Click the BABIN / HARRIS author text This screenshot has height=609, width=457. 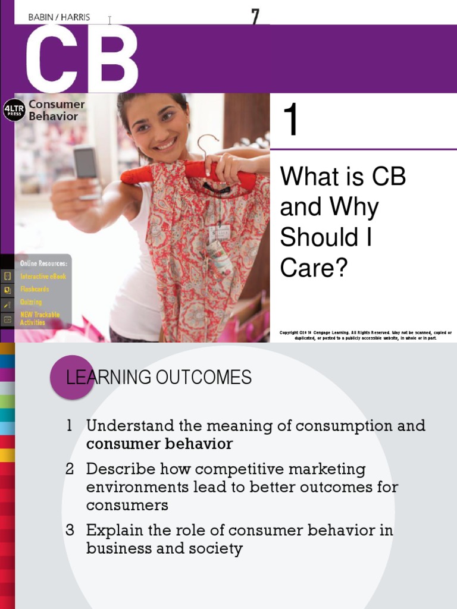click(x=59, y=17)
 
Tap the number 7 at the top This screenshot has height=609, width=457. click(x=255, y=17)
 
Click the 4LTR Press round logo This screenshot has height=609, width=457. click(x=14, y=110)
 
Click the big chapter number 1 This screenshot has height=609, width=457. click(x=290, y=120)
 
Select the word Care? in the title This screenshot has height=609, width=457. click(x=313, y=268)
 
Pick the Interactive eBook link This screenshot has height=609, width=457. click(x=43, y=277)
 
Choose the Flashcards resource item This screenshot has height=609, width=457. click(x=35, y=289)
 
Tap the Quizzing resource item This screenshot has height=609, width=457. click(x=31, y=302)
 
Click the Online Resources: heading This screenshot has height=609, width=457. click(x=43, y=263)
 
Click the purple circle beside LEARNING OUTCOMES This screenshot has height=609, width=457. click(x=72, y=377)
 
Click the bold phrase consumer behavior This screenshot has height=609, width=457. click(x=159, y=444)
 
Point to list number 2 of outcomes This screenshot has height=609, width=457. click(x=70, y=469)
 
